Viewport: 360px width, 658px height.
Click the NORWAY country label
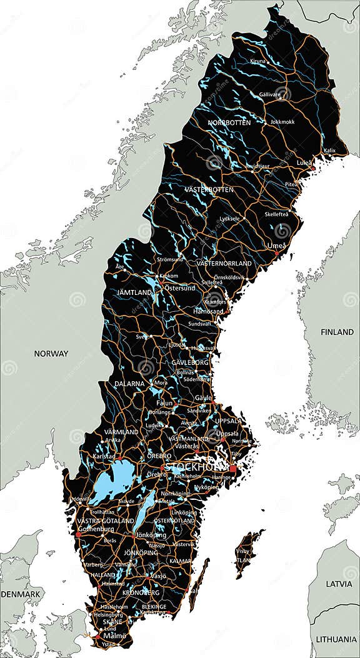point(51,354)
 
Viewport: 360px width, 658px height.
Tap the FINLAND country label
point(337,332)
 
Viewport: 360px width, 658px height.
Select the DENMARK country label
point(20,592)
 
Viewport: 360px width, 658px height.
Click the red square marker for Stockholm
point(233,468)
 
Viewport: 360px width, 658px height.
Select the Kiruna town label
point(257,61)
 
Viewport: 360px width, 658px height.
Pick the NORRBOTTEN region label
point(229,122)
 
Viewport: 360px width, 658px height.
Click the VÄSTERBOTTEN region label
point(209,189)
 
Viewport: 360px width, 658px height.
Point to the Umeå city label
point(276,246)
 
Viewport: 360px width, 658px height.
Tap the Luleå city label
point(304,163)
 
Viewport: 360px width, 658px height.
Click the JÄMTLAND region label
point(134,292)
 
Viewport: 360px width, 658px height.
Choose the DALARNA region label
point(129,384)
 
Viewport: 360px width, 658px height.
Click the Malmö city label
point(115,636)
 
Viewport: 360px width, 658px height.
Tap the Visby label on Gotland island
point(242,552)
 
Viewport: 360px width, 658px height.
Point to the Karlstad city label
point(104,456)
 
